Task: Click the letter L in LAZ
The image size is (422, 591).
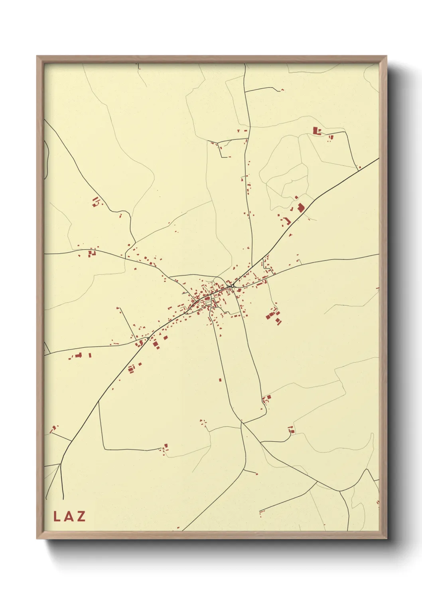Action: click(x=56, y=517)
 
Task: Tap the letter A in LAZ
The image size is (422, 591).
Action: click(x=68, y=517)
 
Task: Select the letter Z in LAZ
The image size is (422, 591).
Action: click(x=81, y=517)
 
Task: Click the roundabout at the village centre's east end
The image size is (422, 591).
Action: click(x=232, y=286)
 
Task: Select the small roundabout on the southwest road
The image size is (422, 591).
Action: click(x=148, y=338)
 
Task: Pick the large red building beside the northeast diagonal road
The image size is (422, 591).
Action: click(x=300, y=207)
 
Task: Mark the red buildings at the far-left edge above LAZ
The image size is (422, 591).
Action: click(x=53, y=429)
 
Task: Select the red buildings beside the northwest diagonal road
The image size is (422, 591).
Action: click(x=95, y=202)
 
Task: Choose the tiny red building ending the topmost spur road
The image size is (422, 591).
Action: click(x=282, y=90)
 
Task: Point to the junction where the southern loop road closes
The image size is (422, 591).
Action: click(x=241, y=422)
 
